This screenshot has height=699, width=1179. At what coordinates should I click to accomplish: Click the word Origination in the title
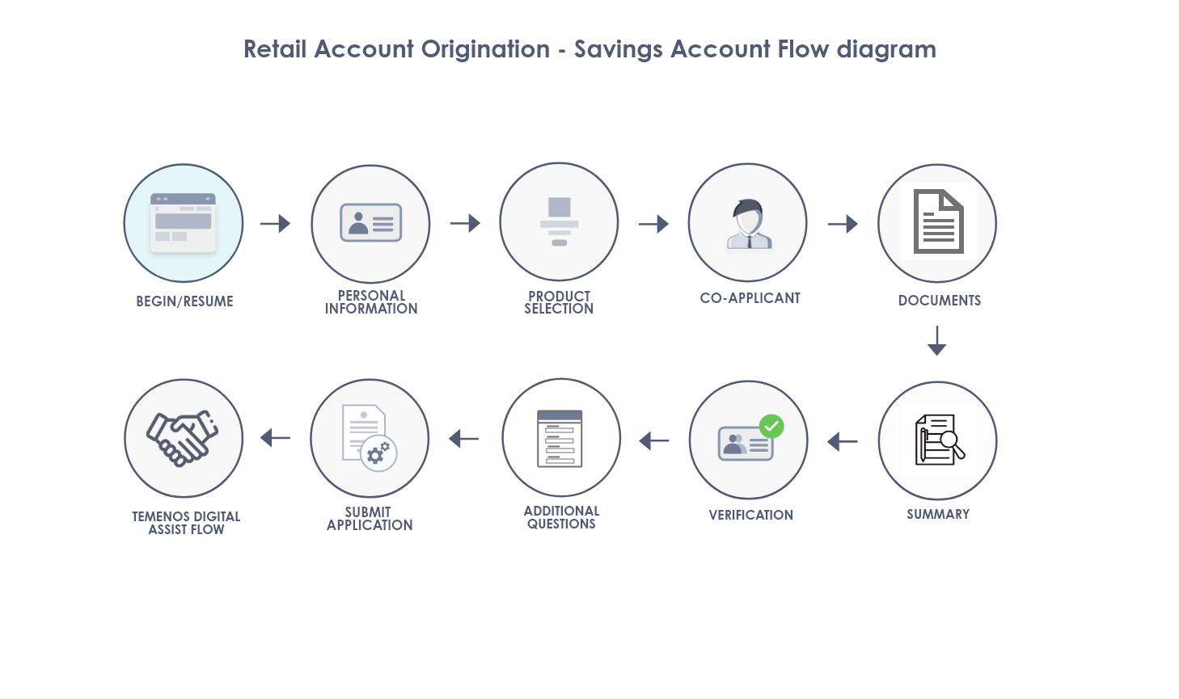click(485, 49)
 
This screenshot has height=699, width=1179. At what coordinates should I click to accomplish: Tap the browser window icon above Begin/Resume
click(184, 223)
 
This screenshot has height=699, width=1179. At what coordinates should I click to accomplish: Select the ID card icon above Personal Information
click(371, 223)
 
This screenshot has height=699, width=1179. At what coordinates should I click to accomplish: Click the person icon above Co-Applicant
click(749, 224)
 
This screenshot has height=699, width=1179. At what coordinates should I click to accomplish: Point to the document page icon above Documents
click(939, 221)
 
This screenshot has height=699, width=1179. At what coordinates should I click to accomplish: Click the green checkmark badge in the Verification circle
click(771, 427)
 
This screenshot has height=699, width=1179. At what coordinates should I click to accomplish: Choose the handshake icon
click(183, 438)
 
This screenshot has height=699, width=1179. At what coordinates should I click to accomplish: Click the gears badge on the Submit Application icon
click(379, 453)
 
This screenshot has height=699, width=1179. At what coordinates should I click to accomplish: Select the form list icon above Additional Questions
click(560, 439)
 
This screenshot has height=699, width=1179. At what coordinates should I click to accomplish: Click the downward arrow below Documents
click(937, 341)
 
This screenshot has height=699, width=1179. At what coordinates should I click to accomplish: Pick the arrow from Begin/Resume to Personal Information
click(275, 224)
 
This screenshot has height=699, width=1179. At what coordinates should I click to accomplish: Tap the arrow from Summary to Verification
click(842, 442)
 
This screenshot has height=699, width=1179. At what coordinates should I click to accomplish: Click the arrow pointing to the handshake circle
click(275, 438)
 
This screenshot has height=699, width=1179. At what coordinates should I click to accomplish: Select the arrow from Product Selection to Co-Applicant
click(653, 224)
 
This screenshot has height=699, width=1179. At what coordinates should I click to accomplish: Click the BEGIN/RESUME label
click(184, 301)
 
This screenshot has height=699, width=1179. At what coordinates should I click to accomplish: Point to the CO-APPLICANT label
click(750, 298)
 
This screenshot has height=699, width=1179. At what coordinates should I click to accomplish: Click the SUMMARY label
click(938, 514)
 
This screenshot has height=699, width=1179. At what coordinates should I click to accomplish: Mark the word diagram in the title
click(886, 50)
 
